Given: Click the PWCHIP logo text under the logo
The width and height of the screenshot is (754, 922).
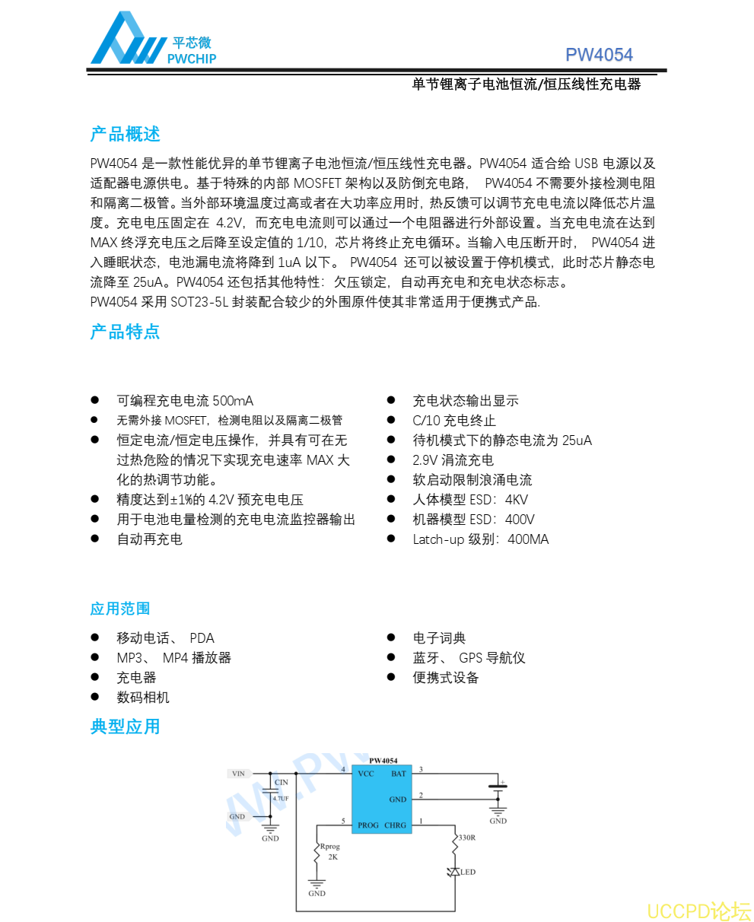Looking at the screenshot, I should [191, 59].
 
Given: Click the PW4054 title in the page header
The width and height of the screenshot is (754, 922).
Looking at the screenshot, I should [599, 55].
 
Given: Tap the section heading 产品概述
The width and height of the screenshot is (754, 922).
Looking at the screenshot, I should [126, 135].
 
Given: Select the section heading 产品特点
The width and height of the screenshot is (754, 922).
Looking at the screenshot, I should [126, 332].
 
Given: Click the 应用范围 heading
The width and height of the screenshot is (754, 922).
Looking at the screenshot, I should [120, 609].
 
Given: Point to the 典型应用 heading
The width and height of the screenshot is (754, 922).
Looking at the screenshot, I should [126, 726].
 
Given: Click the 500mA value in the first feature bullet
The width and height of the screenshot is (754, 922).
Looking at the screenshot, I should [233, 401].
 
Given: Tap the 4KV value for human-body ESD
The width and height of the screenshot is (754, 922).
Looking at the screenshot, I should [517, 500].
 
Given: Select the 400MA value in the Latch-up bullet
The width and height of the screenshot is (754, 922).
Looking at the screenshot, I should [528, 539].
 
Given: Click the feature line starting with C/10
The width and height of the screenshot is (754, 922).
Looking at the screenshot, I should [454, 421].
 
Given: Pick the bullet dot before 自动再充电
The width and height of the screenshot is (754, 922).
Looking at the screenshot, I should [95, 539].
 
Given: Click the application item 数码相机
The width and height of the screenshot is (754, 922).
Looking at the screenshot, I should [143, 698].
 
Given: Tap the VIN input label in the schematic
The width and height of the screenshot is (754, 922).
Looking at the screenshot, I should [238, 774].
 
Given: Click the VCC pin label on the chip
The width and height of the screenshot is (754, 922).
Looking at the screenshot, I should [366, 774].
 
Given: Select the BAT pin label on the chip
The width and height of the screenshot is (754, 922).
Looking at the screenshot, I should [399, 774].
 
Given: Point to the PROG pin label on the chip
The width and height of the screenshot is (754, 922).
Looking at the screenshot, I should [368, 825].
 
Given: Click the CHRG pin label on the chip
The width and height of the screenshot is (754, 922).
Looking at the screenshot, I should [396, 825].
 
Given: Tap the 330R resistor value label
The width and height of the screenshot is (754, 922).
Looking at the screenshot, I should [466, 838].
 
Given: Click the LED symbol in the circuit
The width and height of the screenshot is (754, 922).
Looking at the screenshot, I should [455, 872].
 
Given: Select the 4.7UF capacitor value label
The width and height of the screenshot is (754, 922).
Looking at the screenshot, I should [281, 799].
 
